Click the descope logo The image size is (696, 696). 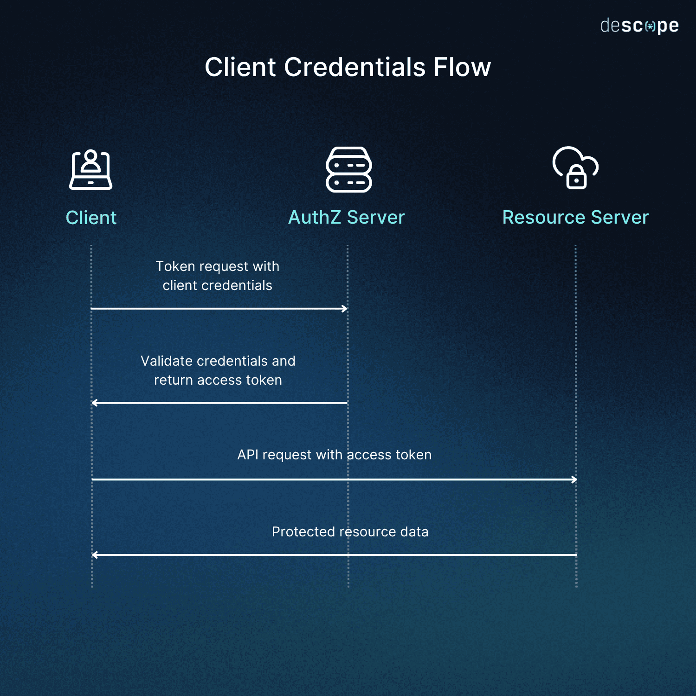coord(639,26)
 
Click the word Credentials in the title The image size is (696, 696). coord(354,67)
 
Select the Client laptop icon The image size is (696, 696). coord(90,170)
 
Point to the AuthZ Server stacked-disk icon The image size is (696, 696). coord(348,169)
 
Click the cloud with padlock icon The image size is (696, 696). coord(575,168)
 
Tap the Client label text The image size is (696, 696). coord(91,218)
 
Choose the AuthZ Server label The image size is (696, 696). coord(347,217)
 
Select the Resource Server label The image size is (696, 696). coord(575,217)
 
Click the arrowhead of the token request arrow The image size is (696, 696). coord(345,309)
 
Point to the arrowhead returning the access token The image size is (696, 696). coord(95,403)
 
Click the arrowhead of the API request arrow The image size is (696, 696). coord(574,479)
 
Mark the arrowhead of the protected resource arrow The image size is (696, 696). coord(95,554)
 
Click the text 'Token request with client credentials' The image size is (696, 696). coord(218,276)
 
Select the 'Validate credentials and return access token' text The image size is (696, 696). coord(218,370)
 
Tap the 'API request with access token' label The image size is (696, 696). coord(335,455)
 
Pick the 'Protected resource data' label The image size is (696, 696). coord(350,532)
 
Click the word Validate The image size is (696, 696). coord(167,361)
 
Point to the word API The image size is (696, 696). coord(248,455)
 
